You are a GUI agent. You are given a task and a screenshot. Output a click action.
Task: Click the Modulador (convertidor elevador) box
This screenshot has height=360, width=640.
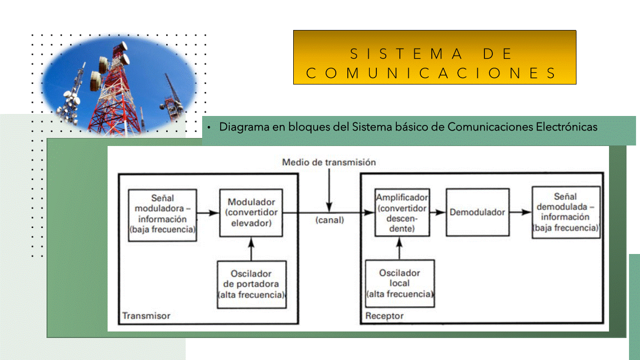point(251,212)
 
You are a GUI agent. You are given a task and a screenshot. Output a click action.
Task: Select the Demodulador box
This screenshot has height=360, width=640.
point(477,212)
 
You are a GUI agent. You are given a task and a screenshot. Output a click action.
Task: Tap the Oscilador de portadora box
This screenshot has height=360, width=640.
point(252,284)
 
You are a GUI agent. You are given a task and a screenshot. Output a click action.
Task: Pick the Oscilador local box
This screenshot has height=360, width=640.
point(400,283)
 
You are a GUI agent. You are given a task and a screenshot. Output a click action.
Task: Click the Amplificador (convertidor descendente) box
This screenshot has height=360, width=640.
point(402,213)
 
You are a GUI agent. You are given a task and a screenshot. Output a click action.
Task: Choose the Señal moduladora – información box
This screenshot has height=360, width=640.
point(162,215)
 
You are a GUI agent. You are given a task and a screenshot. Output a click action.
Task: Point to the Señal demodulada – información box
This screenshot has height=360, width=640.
point(565,212)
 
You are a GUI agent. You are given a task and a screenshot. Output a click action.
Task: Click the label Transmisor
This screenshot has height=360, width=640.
point(146,316)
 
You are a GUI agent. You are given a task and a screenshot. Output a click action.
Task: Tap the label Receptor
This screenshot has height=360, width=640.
point(384,316)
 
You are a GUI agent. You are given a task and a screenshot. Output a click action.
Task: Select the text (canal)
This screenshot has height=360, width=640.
point(329,219)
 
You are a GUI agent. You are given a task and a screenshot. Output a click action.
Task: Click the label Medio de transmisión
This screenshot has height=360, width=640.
point(329,162)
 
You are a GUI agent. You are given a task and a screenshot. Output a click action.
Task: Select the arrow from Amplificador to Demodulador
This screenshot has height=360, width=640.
point(437,212)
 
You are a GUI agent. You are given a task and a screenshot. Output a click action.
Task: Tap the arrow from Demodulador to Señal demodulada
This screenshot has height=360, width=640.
point(520,212)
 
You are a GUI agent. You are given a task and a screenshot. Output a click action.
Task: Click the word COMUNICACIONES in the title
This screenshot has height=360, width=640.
point(431,73)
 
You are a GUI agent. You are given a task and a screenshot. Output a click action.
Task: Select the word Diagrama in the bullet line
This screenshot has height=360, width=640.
point(244,127)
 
